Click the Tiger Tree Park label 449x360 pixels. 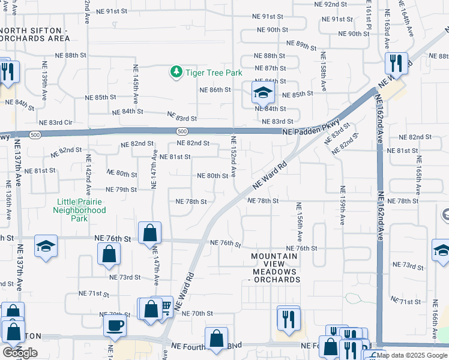(214, 73)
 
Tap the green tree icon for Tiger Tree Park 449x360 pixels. (176, 73)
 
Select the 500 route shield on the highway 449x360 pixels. (182, 131)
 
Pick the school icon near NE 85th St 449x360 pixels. (262, 93)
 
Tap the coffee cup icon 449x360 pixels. (115, 325)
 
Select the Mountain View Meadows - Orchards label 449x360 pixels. (274, 268)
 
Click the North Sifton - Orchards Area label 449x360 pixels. (37, 34)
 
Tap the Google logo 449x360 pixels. (20, 353)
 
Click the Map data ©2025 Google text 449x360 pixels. (412, 355)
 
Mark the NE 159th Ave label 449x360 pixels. (342, 204)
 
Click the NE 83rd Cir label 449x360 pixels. (55, 122)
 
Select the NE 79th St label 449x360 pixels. (122, 190)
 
